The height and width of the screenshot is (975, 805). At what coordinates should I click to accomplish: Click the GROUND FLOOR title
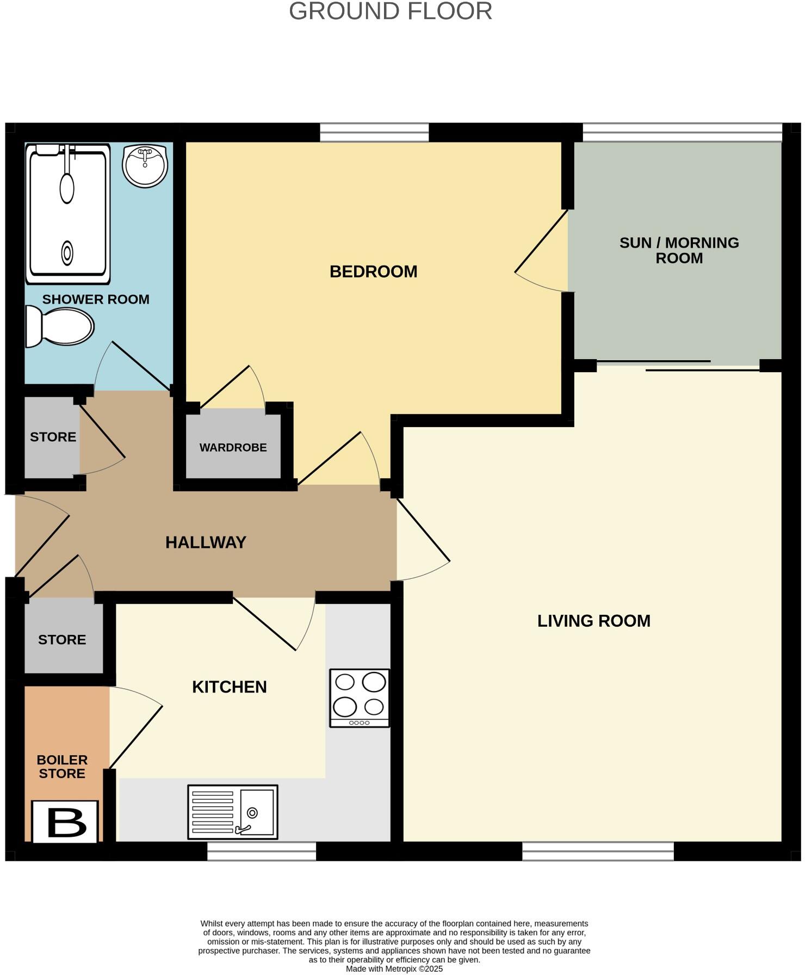pos(390,11)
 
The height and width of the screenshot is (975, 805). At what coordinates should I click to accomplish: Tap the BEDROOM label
pos(373,271)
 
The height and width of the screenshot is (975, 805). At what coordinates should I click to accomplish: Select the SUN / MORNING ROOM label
pos(679,250)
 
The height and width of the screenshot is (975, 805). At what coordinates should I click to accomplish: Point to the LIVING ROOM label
pos(593,621)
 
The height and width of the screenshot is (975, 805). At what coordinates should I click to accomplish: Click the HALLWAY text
pos(206,542)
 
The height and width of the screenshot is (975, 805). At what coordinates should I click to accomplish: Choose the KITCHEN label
pos(229,687)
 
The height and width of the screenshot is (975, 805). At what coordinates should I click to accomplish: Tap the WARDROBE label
pos(233,448)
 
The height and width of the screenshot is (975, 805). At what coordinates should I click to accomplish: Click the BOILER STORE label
pos(62,767)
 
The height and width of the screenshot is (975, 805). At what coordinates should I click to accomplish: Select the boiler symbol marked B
pos(66,822)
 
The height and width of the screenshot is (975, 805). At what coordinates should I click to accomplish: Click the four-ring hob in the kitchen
pos(360,698)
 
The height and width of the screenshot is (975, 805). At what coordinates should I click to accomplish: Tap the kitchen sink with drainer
pos(233,812)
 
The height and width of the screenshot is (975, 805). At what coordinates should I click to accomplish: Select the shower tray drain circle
pos(67,253)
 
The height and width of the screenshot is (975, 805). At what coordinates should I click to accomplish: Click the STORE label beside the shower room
pos(53,437)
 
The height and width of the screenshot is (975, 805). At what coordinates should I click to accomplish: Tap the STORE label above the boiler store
pos(62,640)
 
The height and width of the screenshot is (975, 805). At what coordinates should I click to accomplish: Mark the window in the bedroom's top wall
pos(374,133)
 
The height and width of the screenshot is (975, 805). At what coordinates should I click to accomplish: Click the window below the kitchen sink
pos(262,851)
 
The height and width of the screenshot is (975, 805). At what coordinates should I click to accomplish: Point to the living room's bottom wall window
pos(598,851)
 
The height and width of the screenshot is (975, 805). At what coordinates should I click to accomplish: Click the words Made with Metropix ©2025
pos(394,969)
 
